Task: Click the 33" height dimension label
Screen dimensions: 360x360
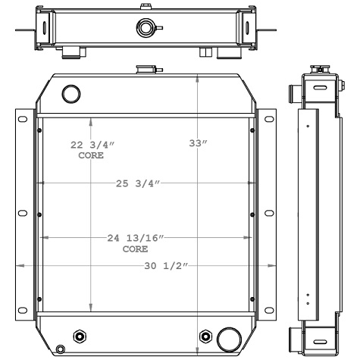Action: click(198, 144)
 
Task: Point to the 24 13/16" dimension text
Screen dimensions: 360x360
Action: click(136, 238)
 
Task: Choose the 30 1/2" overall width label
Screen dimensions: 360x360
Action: click(166, 265)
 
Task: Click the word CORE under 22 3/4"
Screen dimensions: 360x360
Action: click(91, 155)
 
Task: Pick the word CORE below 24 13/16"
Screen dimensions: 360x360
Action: click(135, 249)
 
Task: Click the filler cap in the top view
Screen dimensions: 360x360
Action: click(144, 29)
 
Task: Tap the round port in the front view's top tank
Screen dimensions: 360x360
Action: click(70, 94)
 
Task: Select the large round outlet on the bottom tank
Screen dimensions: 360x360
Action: click(227, 337)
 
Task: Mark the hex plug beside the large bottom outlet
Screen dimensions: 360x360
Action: click(204, 337)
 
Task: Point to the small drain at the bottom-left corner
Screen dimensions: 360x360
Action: click(61, 350)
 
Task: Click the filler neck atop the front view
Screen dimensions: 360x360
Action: click(144, 70)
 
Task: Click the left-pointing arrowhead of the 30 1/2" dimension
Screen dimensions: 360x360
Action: click(19, 265)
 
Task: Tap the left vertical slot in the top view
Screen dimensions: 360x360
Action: click(43, 30)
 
